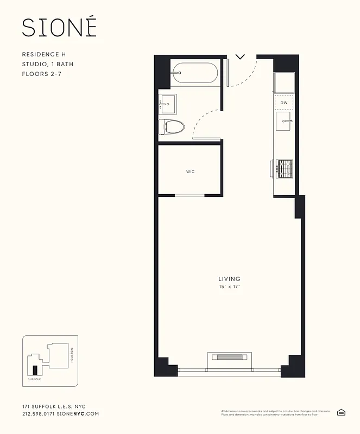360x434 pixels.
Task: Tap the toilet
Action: pos(172,127)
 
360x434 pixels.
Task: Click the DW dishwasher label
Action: pos(284,103)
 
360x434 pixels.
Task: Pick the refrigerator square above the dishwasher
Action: pos(285,82)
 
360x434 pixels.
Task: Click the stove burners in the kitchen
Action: pos(285,169)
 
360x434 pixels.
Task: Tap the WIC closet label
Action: pos(190,172)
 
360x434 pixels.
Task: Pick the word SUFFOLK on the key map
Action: pos(35,380)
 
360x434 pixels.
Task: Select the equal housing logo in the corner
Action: pos(342,413)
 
